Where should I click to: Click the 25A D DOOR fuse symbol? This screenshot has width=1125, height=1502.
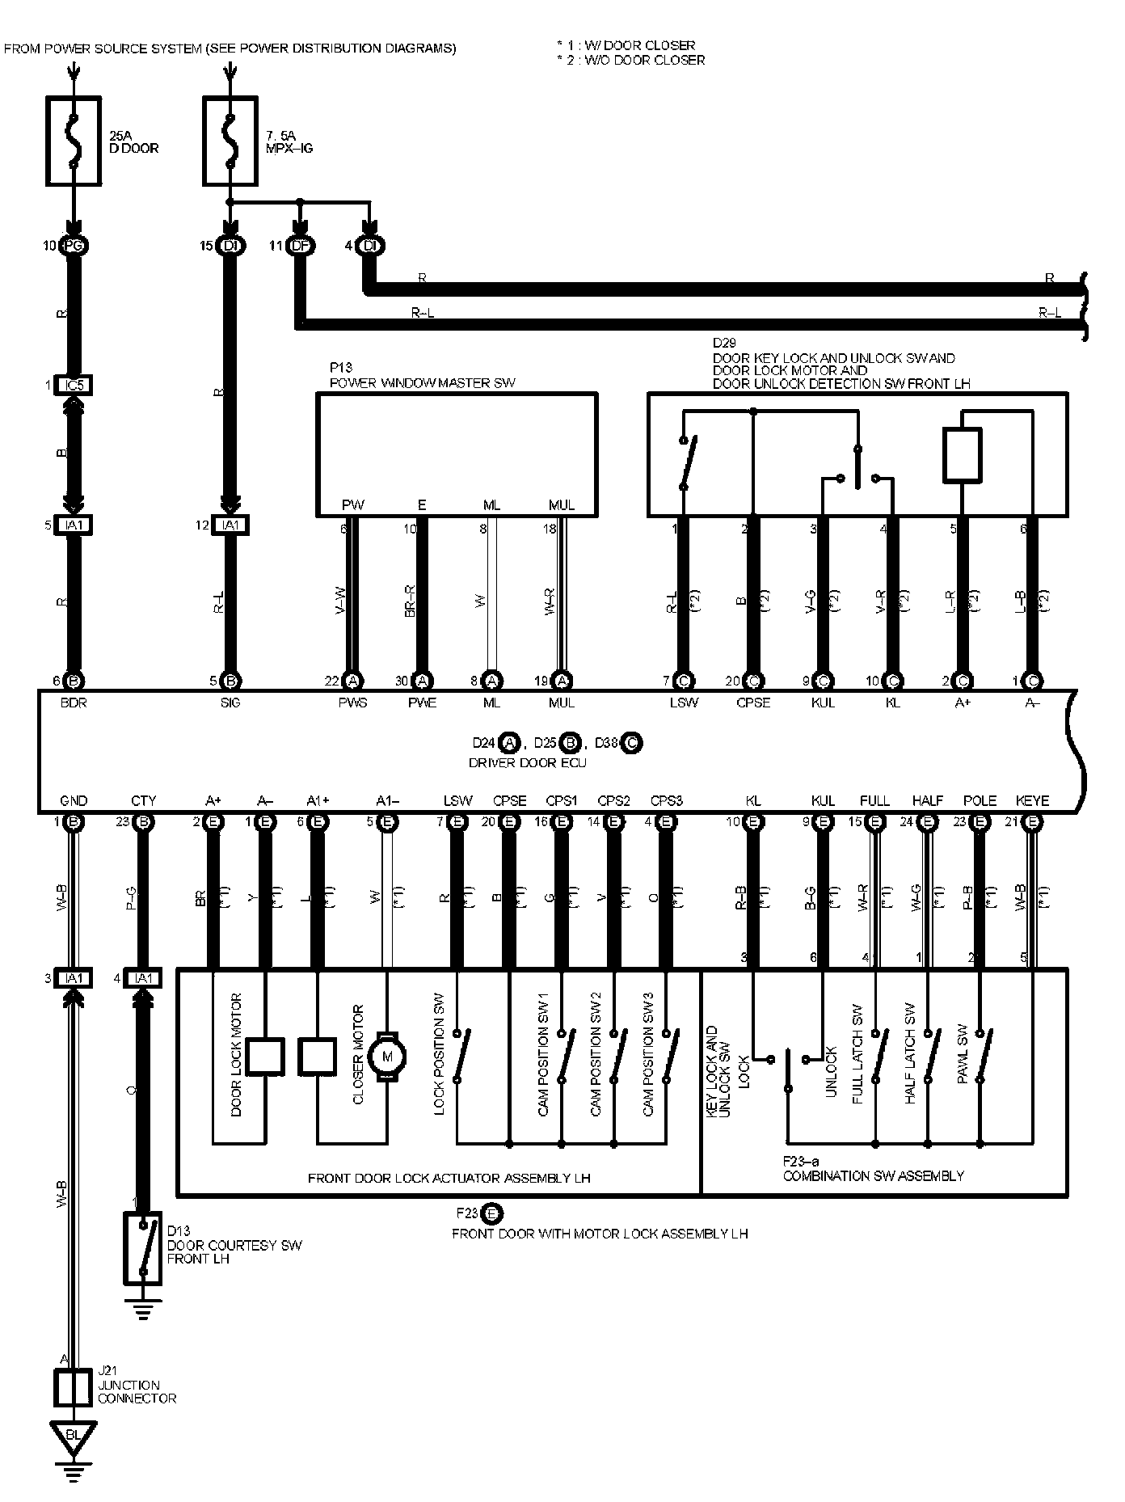pyautogui.click(x=74, y=141)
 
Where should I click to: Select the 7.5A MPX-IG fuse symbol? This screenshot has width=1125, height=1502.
pyautogui.click(x=230, y=141)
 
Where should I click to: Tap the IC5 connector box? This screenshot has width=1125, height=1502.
pyautogui.click(x=74, y=386)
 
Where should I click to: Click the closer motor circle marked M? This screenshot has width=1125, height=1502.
pyautogui.click(x=386, y=1055)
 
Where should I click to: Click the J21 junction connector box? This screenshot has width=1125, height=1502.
pyautogui.click(x=74, y=1388)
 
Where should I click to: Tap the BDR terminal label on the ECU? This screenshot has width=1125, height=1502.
pyautogui.click(x=74, y=703)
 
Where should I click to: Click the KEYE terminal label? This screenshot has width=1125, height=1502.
pyautogui.click(x=1032, y=801)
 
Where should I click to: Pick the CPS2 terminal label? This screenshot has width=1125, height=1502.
pyautogui.click(x=613, y=801)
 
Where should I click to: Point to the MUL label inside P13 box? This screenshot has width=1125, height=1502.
pyautogui.click(x=562, y=505)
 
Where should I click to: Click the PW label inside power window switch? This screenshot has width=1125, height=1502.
pyautogui.click(x=352, y=505)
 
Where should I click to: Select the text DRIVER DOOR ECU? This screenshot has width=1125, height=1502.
pyautogui.click(x=528, y=762)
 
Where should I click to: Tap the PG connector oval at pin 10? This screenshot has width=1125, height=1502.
pyautogui.click(x=74, y=246)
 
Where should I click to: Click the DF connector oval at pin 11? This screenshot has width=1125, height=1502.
pyautogui.click(x=300, y=246)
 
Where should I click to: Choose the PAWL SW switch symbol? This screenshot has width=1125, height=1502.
pyautogui.click(x=981, y=1055)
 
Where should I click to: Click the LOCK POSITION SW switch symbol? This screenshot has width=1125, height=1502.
pyautogui.click(x=458, y=1055)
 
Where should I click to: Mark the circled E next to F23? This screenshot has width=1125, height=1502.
pyautogui.click(x=492, y=1213)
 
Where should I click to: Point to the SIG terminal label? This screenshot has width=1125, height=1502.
pyautogui.click(x=230, y=703)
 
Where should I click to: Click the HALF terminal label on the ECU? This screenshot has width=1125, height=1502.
pyautogui.click(x=927, y=801)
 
